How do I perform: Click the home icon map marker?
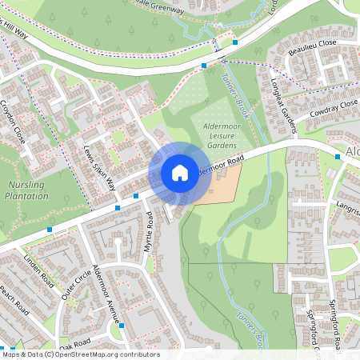[x=180, y=172]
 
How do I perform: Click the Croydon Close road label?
[x=14, y=120]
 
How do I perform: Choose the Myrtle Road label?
[x=148, y=232]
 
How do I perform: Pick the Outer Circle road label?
[x=78, y=285]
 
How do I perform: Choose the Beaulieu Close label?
[x=313, y=46]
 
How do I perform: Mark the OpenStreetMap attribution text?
[x=80, y=354]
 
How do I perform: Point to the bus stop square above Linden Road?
[x=50, y=229]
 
